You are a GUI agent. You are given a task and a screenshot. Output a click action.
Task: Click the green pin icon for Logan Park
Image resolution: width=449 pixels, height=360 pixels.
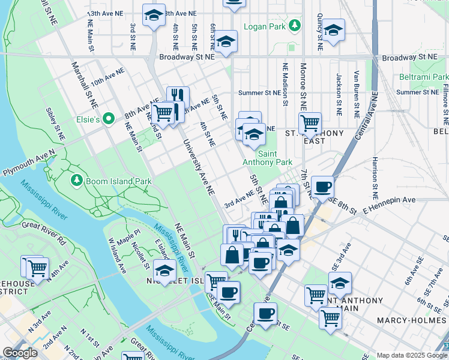click(x=294, y=25)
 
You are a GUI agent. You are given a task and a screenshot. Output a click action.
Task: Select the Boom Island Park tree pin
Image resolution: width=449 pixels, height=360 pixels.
click(x=76, y=179)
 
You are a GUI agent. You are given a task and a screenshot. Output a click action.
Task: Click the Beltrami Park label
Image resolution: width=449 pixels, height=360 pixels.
click(x=424, y=77)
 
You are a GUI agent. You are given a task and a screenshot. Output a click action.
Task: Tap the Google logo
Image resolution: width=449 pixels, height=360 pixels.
click(x=20, y=353)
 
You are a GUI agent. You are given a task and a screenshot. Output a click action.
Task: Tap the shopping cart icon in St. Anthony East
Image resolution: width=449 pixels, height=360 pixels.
click(x=310, y=124)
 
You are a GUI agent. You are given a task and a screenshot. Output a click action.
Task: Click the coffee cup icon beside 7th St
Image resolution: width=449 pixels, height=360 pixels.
click(x=322, y=187)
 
